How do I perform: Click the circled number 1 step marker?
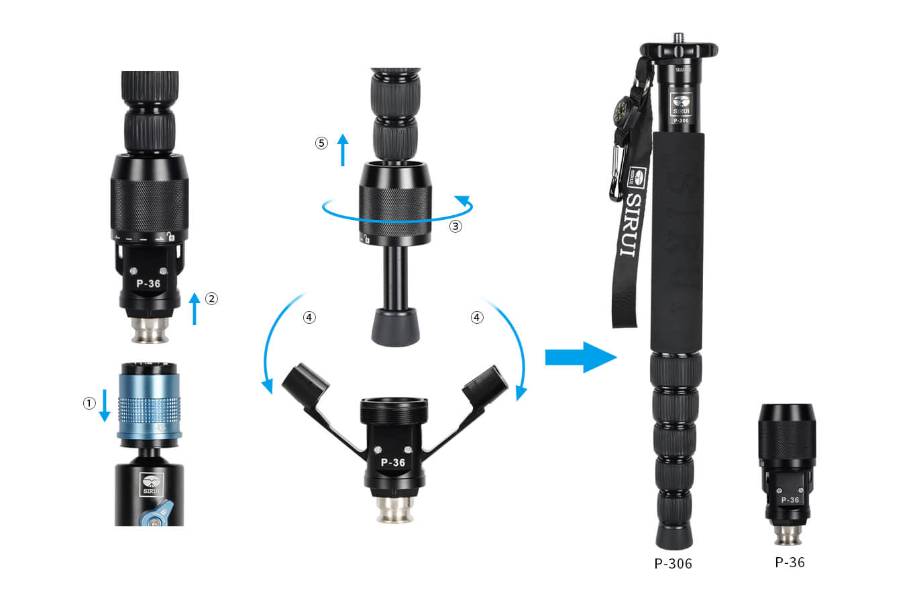tap(89, 404)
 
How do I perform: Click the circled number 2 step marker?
tap(211, 299)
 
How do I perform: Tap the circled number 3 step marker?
tap(455, 226)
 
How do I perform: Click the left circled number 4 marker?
tap(309, 318)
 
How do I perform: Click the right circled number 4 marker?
tap(477, 318)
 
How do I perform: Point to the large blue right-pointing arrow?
tap(580, 357)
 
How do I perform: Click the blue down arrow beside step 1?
tap(105, 408)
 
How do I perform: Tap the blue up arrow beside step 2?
tap(195, 308)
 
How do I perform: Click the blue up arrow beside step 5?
tap(343, 150)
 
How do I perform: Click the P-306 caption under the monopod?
tap(673, 564)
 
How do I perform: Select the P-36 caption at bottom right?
tap(790, 563)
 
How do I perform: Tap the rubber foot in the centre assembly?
tap(396, 328)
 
